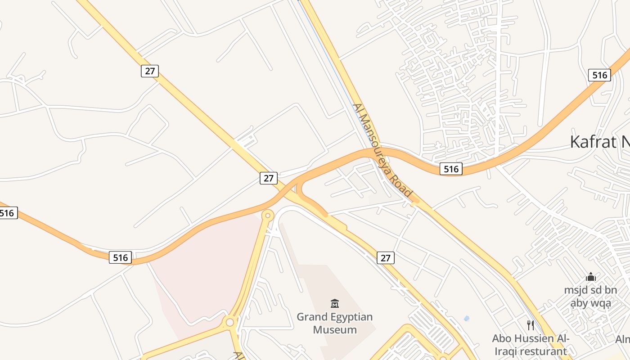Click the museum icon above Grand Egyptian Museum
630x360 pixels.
(334, 304)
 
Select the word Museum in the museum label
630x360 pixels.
(335, 329)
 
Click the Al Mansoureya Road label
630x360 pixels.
(382, 150)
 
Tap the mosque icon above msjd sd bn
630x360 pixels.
(591, 276)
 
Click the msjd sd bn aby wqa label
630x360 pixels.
(591, 297)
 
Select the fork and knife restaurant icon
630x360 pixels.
(531, 325)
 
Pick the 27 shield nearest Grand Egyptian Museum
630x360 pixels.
(386, 258)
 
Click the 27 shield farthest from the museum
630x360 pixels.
(150, 71)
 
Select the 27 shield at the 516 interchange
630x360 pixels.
(269, 178)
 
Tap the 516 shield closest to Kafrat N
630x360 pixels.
(599, 75)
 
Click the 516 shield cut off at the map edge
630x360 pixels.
(8, 213)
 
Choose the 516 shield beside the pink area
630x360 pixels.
(121, 258)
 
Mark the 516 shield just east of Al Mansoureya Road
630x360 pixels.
(451, 169)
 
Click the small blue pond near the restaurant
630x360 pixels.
(467, 319)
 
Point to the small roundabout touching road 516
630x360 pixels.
(268, 216)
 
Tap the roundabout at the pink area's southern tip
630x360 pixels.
(230, 322)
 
